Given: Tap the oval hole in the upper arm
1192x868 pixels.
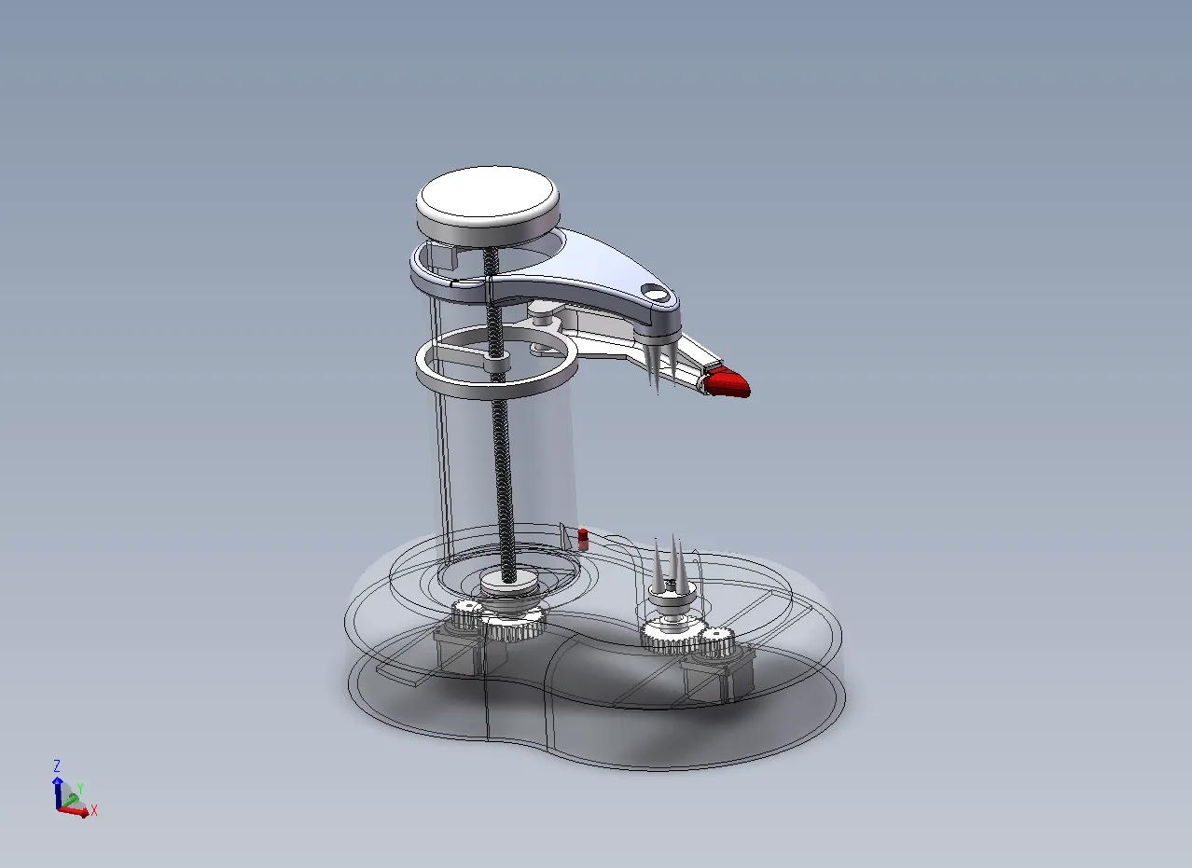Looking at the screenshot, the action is pyautogui.click(x=656, y=292).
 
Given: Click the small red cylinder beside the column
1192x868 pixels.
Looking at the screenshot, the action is pyautogui.click(x=583, y=539).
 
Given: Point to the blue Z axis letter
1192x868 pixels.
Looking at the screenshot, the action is pyautogui.click(x=57, y=765).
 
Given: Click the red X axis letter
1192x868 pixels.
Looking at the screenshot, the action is pyautogui.click(x=94, y=810).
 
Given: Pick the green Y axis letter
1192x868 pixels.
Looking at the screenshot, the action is pyautogui.click(x=80, y=788).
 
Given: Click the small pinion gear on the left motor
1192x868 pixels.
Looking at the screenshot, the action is pyautogui.click(x=467, y=613).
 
